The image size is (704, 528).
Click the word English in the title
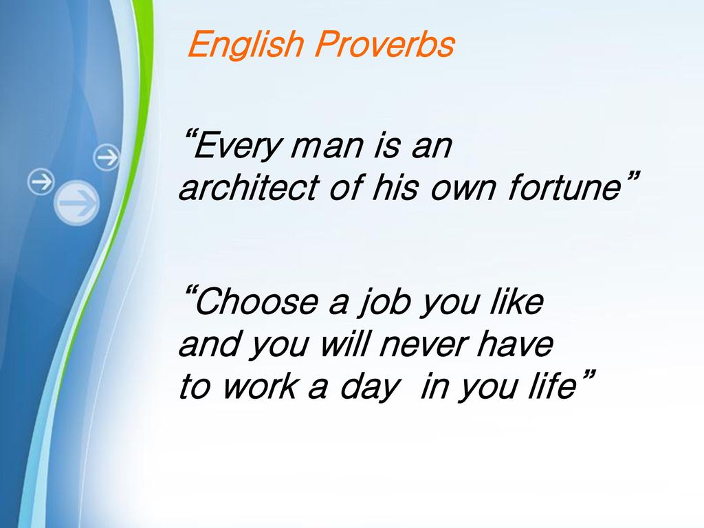click(x=246, y=44)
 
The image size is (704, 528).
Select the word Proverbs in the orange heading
click(x=385, y=44)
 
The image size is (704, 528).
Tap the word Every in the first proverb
click(x=236, y=146)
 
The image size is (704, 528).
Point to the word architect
click(x=249, y=186)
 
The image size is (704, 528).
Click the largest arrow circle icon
click(x=77, y=203)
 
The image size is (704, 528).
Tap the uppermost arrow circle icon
click(x=107, y=157)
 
